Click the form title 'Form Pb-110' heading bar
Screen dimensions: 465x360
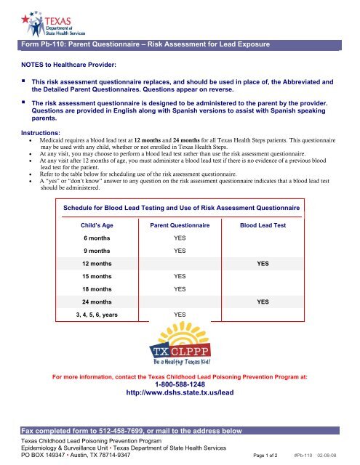(145, 45)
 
